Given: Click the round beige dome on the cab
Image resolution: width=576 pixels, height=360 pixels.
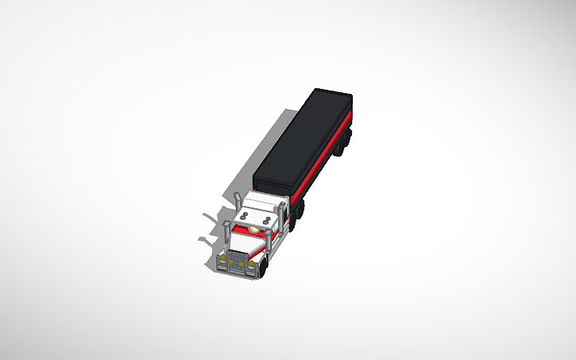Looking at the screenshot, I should coord(253,230).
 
